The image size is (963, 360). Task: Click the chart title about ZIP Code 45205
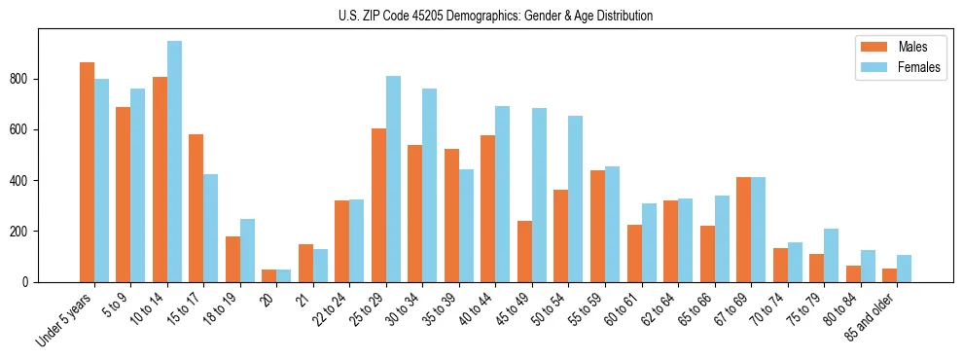481,16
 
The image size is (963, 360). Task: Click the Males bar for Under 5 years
87,172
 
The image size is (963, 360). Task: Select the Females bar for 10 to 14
174,162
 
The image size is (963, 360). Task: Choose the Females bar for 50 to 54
576,198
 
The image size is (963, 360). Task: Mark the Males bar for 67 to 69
743,230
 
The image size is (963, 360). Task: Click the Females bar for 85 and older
904,269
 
